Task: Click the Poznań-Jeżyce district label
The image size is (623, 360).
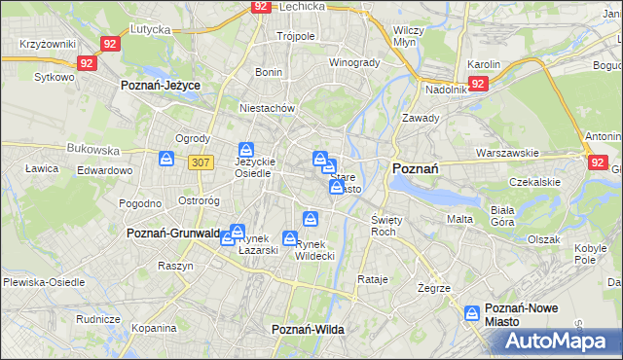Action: coord(161,86)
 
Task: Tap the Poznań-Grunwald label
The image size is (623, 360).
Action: coord(172,234)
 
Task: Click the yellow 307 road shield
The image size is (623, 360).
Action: coord(201,162)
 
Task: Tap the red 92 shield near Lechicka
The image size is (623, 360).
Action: coord(260,6)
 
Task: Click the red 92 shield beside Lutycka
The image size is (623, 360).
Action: coord(110,44)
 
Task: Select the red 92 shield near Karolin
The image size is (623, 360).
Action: coord(478,84)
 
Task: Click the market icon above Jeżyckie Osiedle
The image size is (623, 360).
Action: coord(247,151)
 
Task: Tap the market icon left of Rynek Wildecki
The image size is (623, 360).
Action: coord(290,238)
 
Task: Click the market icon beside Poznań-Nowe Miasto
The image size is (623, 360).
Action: coord(472,313)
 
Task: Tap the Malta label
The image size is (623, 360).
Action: coord(459,220)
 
